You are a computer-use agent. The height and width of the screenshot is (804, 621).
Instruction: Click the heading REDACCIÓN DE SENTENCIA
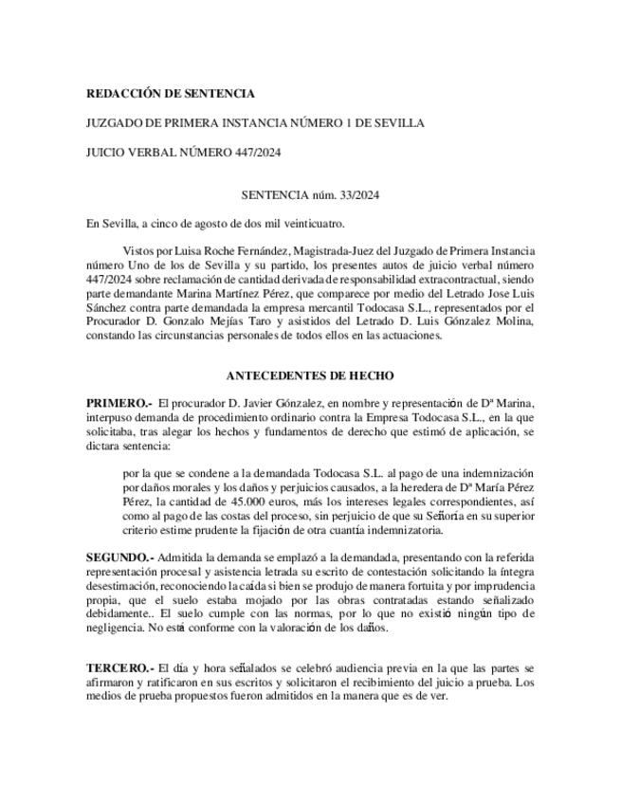171,94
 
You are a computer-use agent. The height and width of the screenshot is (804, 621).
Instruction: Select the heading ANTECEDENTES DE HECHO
310,375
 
